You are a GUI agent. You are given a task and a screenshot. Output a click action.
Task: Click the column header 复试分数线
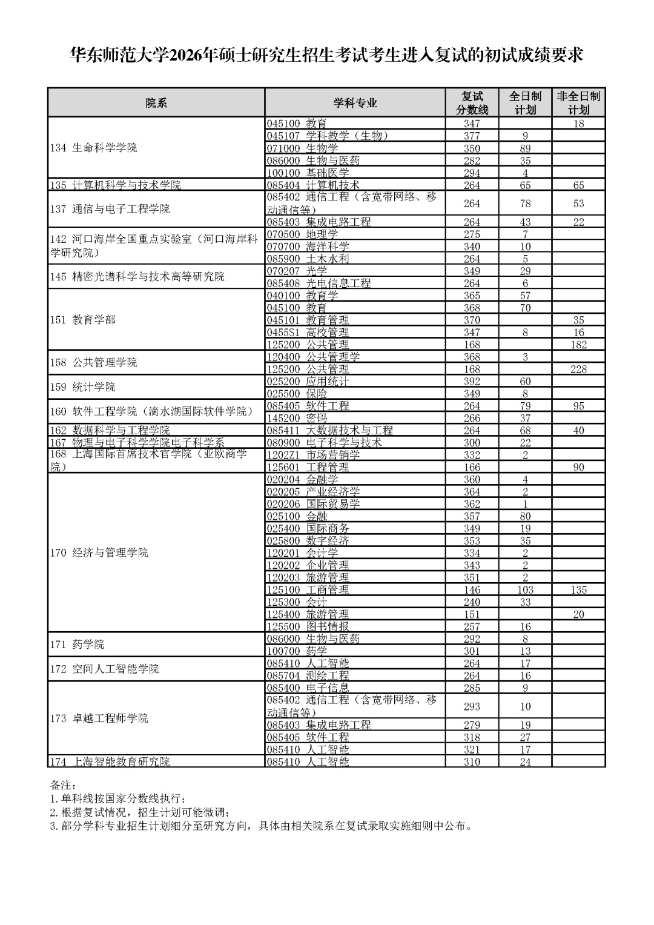pyautogui.click(x=472, y=103)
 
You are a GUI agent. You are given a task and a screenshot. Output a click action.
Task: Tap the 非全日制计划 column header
pyautogui.click(x=578, y=103)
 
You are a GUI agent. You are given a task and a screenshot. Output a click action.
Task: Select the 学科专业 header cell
pyautogui.click(x=355, y=103)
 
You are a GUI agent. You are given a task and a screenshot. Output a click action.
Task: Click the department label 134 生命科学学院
pyautogui.click(x=94, y=148)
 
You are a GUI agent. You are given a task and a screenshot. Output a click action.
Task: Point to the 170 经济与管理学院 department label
pyautogui.click(x=99, y=552)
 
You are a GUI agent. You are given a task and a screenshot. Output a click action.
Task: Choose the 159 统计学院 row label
pyautogui.click(x=83, y=386)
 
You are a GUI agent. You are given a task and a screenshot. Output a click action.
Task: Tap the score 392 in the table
pyautogui.click(x=472, y=381)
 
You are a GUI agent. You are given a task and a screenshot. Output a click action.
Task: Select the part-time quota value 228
pyautogui.click(x=578, y=369)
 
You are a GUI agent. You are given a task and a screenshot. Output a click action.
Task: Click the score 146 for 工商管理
pyautogui.click(x=472, y=589)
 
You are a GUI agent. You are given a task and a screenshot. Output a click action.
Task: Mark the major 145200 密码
pyautogui.click(x=297, y=418)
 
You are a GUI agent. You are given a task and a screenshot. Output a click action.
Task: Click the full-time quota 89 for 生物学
pyautogui.click(x=525, y=148)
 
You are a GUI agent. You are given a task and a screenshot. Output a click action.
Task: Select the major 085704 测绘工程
pyautogui.click(x=308, y=675)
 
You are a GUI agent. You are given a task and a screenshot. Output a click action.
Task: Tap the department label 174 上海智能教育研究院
pyautogui.click(x=110, y=761)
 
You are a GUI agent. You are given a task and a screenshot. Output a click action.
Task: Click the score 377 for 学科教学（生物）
pyautogui.click(x=472, y=136)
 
